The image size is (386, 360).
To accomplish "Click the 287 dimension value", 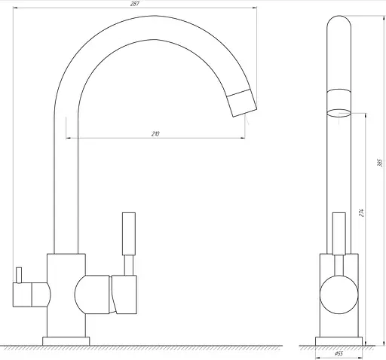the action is [x=135, y=4].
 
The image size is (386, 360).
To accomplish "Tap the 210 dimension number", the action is [x=155, y=134].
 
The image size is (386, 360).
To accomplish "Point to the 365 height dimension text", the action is [x=380, y=163].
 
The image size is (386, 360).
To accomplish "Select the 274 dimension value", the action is [x=361, y=212].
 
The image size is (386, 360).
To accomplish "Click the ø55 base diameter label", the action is [x=339, y=353].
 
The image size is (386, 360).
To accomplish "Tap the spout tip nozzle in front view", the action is [x=242, y=103].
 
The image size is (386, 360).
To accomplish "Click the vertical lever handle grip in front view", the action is [x=129, y=233].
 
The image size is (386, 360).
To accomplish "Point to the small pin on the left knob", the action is [x=19, y=275].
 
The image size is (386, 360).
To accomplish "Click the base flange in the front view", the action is [x=66, y=341].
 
